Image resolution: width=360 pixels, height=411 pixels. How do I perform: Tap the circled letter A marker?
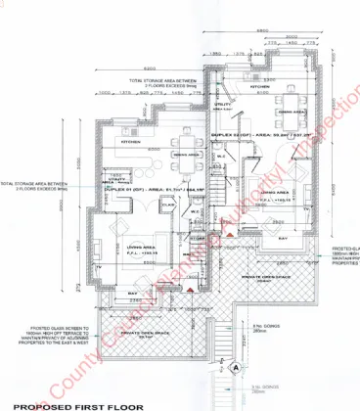pos(238,367)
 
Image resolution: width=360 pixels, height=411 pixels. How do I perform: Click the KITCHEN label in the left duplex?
pos(130,143)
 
